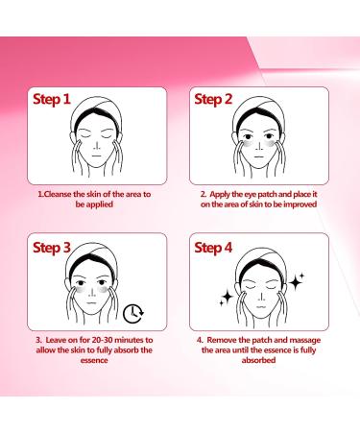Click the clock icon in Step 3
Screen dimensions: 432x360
coord(135,311)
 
